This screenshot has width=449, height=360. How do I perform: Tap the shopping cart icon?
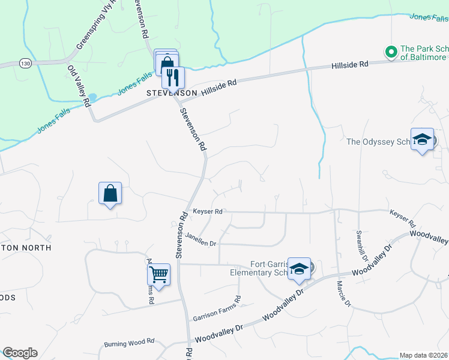pyautogui.click(x=158, y=274)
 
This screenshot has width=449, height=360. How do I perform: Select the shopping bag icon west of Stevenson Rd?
pyautogui.click(x=110, y=194)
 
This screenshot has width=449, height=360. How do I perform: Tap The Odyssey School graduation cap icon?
pyautogui.click(x=422, y=139)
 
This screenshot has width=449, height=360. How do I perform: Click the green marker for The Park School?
pyautogui.click(x=391, y=52)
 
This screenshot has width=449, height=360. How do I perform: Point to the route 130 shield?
pyautogui.click(x=25, y=63)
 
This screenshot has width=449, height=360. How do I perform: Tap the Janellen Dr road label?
pyautogui.click(x=200, y=239)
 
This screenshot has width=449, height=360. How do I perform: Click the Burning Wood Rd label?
pyautogui.click(x=130, y=343)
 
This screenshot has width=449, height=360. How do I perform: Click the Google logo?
pyautogui.click(x=20, y=353)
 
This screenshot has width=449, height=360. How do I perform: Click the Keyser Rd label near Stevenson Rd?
pyautogui.click(x=208, y=211)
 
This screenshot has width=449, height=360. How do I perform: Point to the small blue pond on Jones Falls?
pyautogui.click(x=92, y=98)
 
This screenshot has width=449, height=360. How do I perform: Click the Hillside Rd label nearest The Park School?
pyautogui.click(x=349, y=64)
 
